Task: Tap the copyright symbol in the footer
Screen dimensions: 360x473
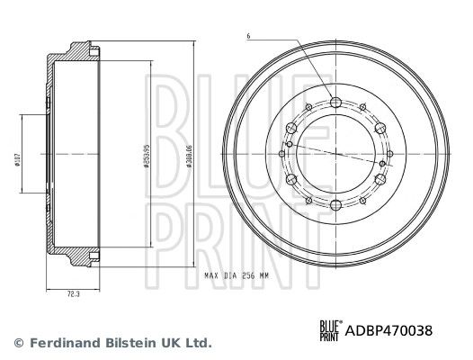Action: pyautogui.click(x=17, y=343)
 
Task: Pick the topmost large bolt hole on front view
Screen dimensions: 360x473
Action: pyautogui.click(x=335, y=101)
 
